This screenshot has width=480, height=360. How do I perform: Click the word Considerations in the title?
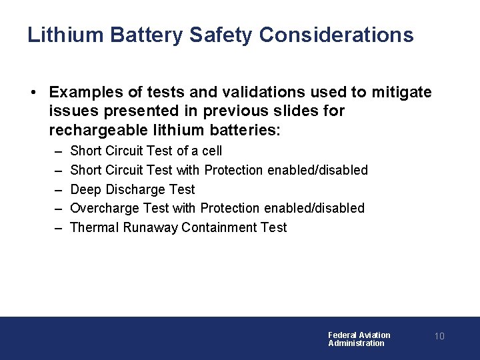click(x=337, y=35)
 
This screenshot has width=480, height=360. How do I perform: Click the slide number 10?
click(x=439, y=336)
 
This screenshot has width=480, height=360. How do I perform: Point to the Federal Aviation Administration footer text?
click(x=359, y=339)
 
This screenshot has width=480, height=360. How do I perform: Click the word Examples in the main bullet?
click(x=85, y=92)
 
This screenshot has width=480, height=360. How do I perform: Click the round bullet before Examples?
click(x=32, y=92)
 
